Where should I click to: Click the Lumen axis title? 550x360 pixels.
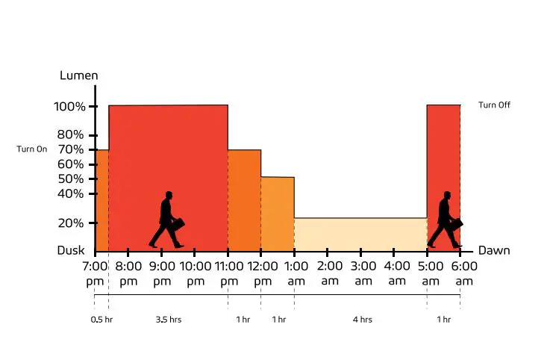[x=78, y=75]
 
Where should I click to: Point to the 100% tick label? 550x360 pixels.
[x=69, y=107]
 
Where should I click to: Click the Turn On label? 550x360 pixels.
[x=32, y=149]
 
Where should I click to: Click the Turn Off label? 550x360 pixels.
[x=494, y=105]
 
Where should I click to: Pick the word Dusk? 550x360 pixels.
[x=71, y=251]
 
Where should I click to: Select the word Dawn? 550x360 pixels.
[x=494, y=250]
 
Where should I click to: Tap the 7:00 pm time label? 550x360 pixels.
[x=95, y=273]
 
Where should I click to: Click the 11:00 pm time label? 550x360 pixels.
[x=228, y=273]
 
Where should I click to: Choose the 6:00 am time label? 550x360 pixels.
[x=464, y=273]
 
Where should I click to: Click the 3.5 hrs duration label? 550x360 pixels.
[x=168, y=320]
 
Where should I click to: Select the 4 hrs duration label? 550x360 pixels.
[x=362, y=320]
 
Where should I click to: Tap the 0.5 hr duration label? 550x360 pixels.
[x=101, y=320]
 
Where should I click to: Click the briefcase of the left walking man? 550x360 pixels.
[x=178, y=223]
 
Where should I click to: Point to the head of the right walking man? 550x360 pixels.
[x=447, y=196]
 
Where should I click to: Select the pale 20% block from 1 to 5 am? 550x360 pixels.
[x=360, y=235]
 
